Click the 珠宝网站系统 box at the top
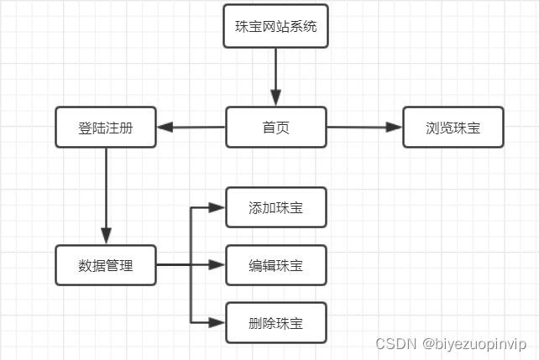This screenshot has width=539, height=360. (275, 26)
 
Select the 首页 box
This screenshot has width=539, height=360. (275, 128)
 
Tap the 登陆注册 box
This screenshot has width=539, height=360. (106, 128)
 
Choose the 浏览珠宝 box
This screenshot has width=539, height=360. (453, 128)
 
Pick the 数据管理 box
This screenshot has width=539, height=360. (106, 266)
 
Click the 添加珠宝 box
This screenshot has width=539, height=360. (275, 207)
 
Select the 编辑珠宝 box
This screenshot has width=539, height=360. (275, 266)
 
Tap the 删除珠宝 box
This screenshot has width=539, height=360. (275, 322)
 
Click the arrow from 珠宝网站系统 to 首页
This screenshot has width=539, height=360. (275, 76)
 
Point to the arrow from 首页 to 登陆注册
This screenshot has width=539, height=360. (191, 128)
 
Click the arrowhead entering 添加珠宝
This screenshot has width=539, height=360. (218, 207)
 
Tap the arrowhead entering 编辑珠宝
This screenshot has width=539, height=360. (218, 266)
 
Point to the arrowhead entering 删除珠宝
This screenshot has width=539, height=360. (218, 322)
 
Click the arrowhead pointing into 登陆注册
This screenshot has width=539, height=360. (165, 128)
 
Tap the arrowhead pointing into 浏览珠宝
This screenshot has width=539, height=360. (395, 128)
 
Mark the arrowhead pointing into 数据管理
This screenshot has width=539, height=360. (106, 237)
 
